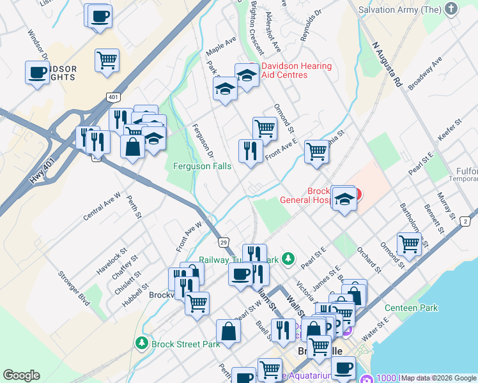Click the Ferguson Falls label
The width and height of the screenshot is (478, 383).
tap(203, 166)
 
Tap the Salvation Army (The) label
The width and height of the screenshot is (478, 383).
tap(401, 10)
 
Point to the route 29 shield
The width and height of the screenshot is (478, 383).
tap(224, 243)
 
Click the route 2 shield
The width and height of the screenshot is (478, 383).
tap(466, 222)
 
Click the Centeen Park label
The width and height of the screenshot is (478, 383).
tap(412, 308)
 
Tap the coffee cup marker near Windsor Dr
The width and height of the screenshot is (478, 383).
tap(37, 71)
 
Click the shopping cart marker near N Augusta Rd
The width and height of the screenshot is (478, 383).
tap(316, 151)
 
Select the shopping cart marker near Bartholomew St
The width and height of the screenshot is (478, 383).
tap(409, 244)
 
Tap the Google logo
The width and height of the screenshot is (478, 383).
tap(22, 375)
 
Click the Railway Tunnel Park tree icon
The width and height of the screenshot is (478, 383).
tap(289, 258)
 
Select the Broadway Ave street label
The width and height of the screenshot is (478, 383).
tap(425, 73)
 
